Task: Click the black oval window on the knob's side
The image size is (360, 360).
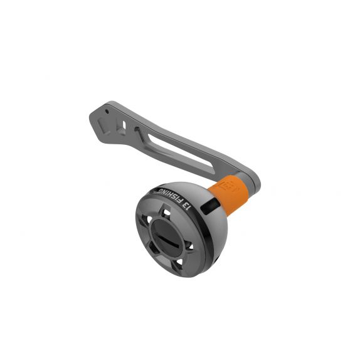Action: (210, 206)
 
